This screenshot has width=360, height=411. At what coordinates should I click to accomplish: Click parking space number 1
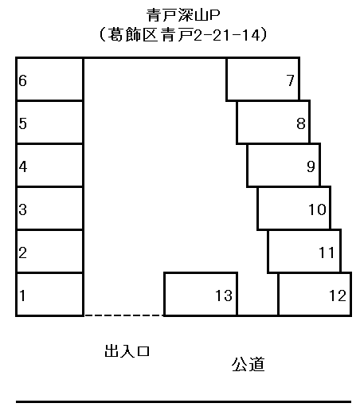(50, 294)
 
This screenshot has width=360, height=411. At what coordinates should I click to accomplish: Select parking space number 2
(50, 251)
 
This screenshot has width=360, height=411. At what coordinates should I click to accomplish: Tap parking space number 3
(50, 208)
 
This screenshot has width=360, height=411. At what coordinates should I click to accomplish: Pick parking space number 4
(50, 165)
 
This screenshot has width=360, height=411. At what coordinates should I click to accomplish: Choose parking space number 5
(50, 122)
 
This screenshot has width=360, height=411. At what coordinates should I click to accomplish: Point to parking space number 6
(50, 79)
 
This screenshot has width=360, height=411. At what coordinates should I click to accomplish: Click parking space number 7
(263, 79)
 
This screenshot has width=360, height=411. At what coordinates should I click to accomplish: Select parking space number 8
(273, 122)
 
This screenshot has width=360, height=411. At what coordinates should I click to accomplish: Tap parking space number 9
(284, 165)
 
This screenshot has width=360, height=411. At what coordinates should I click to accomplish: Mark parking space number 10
(294, 208)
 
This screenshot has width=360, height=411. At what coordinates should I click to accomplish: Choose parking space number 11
(304, 251)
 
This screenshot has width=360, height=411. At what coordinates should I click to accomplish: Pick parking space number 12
(315, 294)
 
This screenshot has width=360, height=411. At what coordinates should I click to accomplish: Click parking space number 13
(201, 294)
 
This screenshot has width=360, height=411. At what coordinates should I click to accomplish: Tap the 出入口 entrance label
(127, 351)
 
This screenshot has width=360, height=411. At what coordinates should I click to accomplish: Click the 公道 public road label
(248, 364)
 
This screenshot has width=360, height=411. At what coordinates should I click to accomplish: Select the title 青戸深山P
(183, 15)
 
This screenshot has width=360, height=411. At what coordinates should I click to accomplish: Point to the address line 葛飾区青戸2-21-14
(183, 34)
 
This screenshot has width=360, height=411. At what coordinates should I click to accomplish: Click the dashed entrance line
(124, 315)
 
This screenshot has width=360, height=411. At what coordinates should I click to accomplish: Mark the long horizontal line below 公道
(183, 401)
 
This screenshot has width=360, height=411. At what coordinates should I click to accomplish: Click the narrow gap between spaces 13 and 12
(258, 294)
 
